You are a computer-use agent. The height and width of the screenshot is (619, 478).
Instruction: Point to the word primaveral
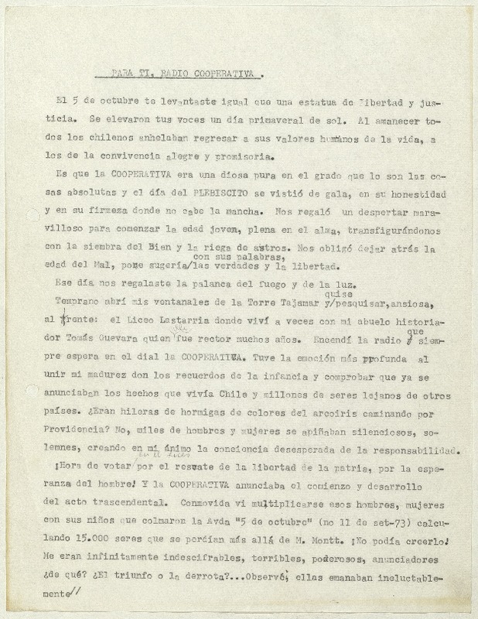pos(279,121)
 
